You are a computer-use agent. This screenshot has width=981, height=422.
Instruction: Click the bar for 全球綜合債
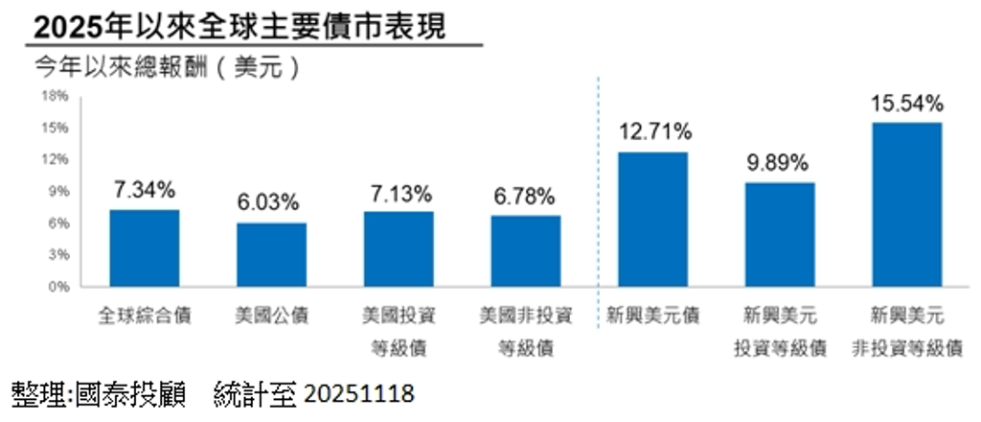point(145,247)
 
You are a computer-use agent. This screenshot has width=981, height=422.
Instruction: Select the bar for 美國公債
point(272,254)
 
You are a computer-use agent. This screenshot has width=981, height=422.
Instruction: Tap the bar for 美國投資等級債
point(399,248)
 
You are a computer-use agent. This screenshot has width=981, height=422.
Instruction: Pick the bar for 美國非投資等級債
point(526,250)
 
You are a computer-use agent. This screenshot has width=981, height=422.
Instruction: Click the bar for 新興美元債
point(652,219)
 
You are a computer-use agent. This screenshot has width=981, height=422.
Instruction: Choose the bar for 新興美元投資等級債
point(780,234)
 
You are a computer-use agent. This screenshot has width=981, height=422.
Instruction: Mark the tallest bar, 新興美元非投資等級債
point(906,204)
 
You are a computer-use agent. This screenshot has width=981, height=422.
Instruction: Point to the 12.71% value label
point(652,132)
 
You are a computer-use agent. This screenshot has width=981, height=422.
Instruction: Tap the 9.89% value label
point(780,163)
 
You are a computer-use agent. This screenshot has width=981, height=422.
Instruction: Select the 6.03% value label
point(272,203)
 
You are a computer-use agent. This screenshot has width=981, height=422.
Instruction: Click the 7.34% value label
point(145,190)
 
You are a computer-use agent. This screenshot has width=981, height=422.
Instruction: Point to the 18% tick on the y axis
point(55,96)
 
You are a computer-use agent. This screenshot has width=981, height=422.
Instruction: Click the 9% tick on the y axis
point(57,192)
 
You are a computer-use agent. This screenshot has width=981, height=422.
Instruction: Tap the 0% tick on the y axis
point(57,287)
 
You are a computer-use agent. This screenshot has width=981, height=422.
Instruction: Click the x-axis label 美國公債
point(272,316)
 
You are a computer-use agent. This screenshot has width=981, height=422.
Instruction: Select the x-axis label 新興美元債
point(652,316)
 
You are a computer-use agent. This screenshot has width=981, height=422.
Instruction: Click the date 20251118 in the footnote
point(359,392)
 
